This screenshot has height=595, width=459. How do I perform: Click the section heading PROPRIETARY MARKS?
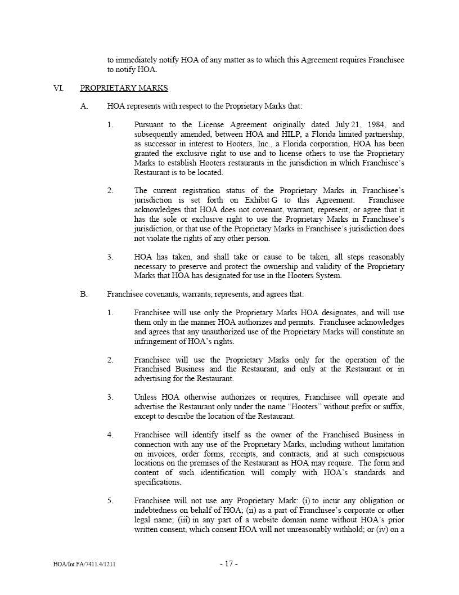(124, 88)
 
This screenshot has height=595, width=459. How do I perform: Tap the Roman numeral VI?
(58, 88)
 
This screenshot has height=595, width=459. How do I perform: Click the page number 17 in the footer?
(229, 563)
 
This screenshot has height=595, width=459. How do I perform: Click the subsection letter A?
(84, 106)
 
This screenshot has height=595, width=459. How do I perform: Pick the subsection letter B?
(84, 294)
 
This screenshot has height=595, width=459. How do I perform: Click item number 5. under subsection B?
(110, 500)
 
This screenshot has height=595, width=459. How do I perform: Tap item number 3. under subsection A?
(110, 257)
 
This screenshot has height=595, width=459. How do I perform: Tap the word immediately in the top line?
(141, 60)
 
